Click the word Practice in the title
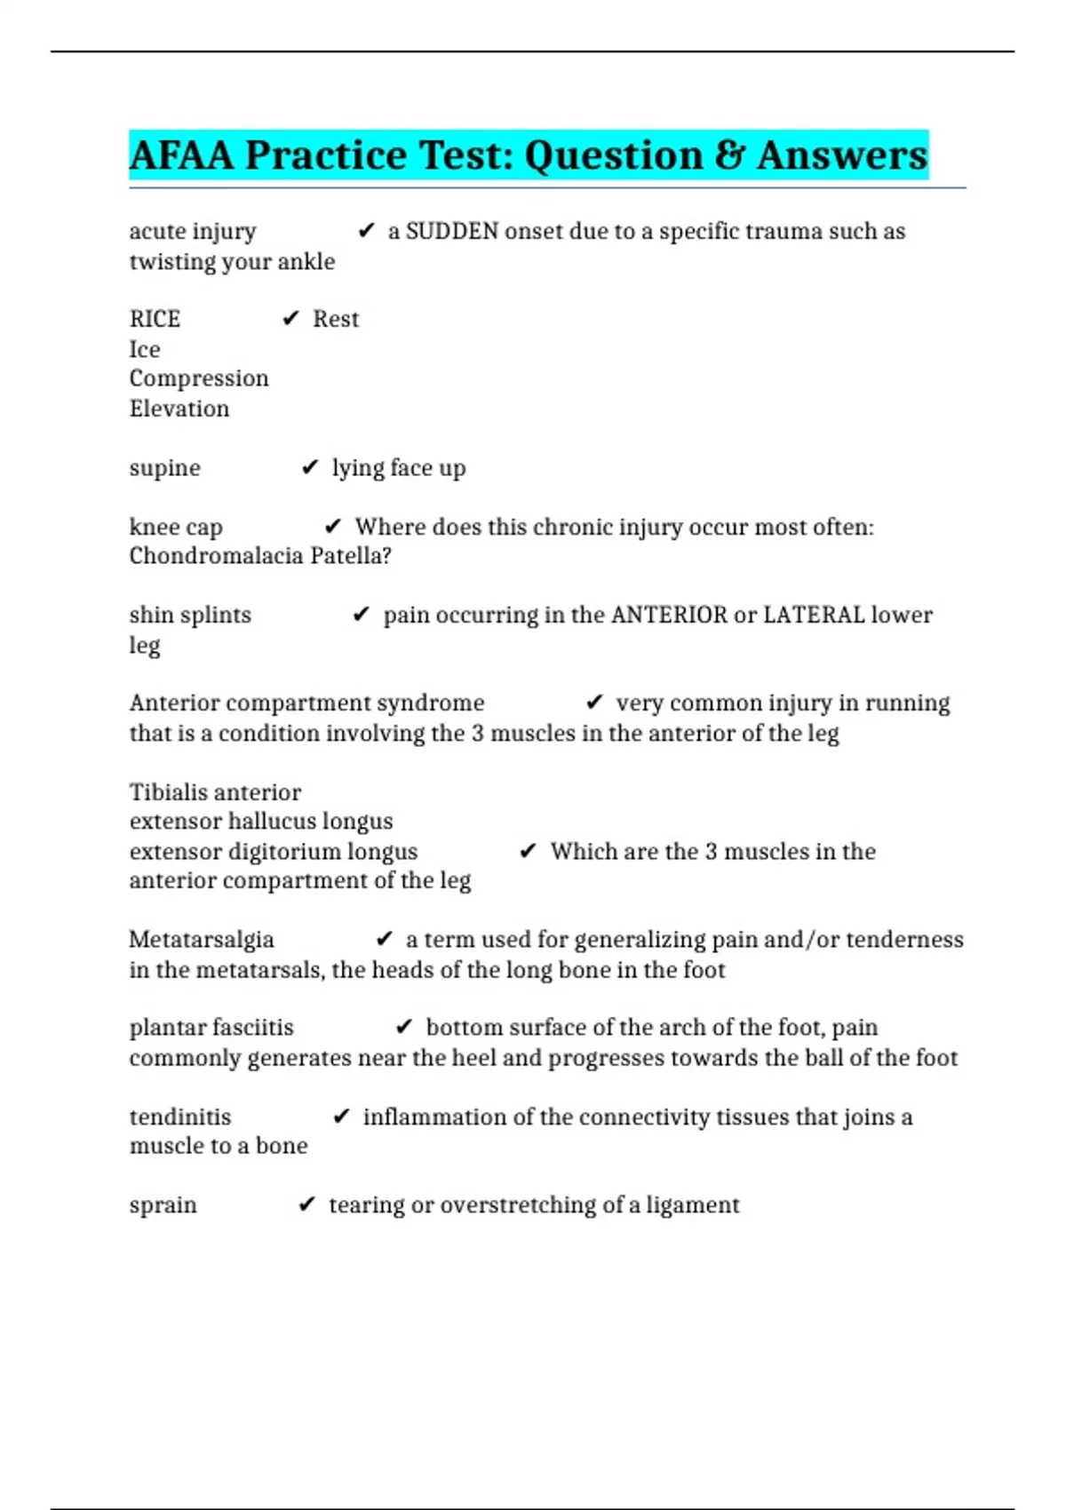326,155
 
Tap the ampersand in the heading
729,155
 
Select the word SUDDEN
452,232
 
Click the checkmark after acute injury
366,232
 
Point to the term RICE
155,319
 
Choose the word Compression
199,378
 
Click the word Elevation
179,409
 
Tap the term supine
164,468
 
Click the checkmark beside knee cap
333,527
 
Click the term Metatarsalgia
202,940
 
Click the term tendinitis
180,1117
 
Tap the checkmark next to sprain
306,1204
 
